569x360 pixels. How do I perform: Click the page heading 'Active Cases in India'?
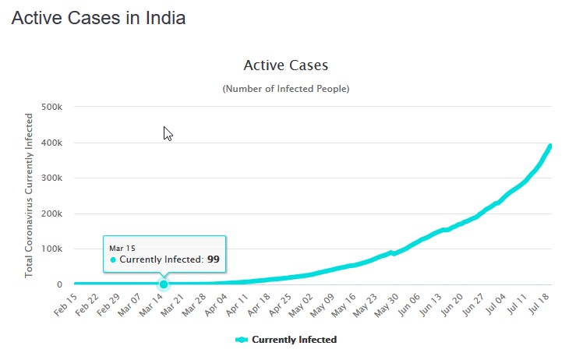point(98,18)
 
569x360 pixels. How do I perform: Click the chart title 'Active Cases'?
point(286,65)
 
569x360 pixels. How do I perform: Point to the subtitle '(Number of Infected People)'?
point(286,89)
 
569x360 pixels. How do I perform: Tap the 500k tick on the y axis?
point(52,108)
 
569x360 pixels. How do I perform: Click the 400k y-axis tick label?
point(52,143)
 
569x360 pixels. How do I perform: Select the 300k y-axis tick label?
point(52,178)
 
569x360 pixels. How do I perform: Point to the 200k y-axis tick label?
point(52,214)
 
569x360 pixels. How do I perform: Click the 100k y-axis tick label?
point(52,249)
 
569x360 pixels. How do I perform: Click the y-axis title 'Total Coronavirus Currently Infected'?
point(30,196)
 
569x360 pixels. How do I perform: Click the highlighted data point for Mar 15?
point(164,284)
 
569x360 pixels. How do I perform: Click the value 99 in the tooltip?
point(214,259)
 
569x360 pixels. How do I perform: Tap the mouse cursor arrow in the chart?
point(167,132)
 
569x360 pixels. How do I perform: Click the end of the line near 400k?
point(550,146)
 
